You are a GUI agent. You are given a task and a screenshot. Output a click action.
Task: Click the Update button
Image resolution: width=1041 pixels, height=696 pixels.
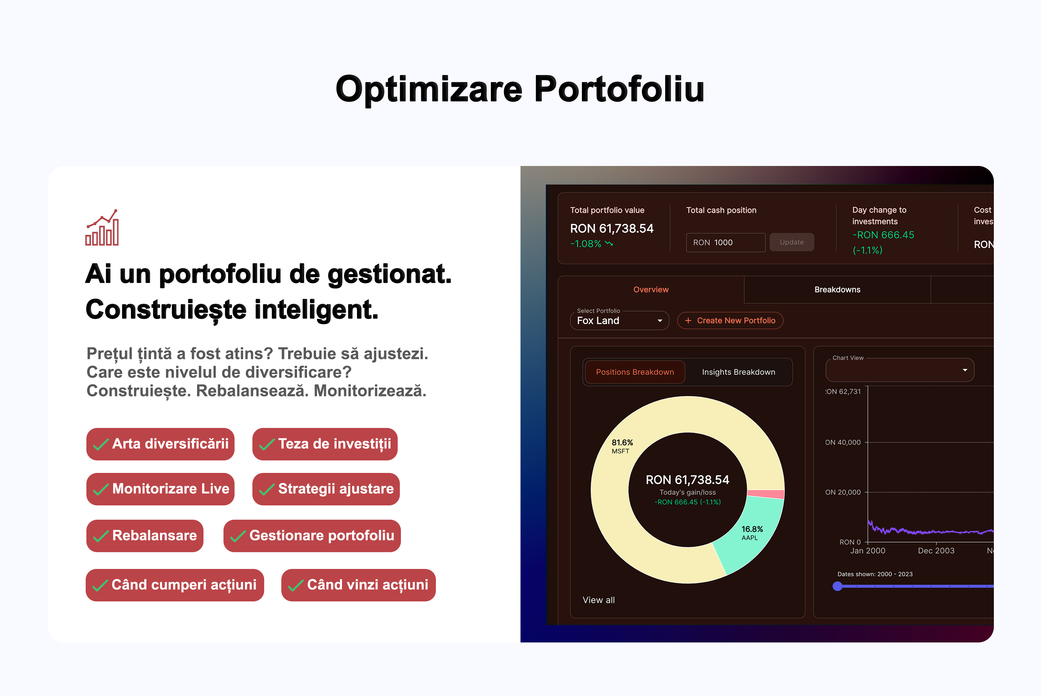click(x=791, y=242)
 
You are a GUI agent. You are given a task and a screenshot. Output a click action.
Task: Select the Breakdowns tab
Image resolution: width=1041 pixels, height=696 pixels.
click(x=837, y=289)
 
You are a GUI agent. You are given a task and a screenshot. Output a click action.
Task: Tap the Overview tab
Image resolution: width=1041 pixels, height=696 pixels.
click(x=651, y=289)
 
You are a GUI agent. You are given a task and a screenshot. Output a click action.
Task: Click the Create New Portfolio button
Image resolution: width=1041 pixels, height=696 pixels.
click(x=730, y=321)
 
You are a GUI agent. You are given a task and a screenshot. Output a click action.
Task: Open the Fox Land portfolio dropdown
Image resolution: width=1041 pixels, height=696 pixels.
click(x=619, y=321)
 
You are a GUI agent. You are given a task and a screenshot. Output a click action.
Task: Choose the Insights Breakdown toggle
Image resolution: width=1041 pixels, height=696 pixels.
click(x=739, y=372)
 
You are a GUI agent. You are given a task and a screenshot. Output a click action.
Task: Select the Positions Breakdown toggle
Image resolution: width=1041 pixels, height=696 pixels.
click(x=635, y=372)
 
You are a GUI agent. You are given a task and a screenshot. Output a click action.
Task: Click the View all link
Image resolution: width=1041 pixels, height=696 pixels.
click(x=598, y=600)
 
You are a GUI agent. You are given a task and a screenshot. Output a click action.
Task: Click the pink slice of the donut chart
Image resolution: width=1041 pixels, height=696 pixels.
click(x=766, y=494)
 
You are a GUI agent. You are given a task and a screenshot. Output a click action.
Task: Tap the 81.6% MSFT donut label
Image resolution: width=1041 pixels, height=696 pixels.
click(x=622, y=447)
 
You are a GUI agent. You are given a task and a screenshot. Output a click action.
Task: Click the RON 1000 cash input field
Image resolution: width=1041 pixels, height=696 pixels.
click(x=725, y=242)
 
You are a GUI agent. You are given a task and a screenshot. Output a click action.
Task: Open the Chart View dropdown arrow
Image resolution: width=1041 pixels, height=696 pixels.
click(x=965, y=370)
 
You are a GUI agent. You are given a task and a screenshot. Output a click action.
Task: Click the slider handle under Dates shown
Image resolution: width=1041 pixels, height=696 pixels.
click(x=838, y=586)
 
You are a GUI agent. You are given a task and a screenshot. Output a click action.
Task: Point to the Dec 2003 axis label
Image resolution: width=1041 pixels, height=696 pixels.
click(x=936, y=551)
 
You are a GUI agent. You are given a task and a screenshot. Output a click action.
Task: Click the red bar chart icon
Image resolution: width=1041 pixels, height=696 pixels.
click(x=102, y=227)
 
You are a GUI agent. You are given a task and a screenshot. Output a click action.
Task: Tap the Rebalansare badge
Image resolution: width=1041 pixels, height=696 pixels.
click(x=145, y=536)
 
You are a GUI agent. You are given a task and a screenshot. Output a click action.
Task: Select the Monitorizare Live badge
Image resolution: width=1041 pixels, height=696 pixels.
click(x=160, y=489)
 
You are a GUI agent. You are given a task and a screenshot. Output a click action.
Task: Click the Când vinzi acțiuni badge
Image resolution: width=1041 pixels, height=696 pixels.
click(x=358, y=585)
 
